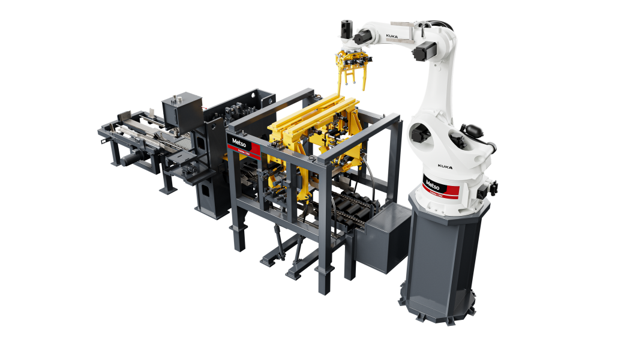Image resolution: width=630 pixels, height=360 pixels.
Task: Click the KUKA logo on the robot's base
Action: coord(445,166)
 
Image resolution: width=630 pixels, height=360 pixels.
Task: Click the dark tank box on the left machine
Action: coord(182,108)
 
